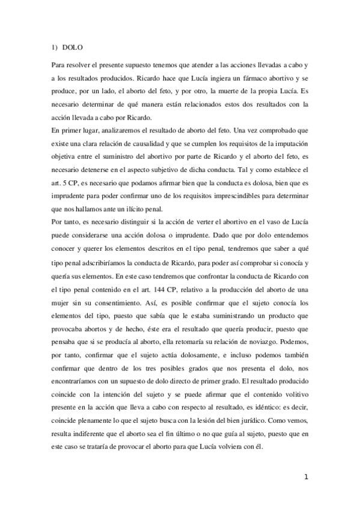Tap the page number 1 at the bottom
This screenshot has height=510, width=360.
306,477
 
